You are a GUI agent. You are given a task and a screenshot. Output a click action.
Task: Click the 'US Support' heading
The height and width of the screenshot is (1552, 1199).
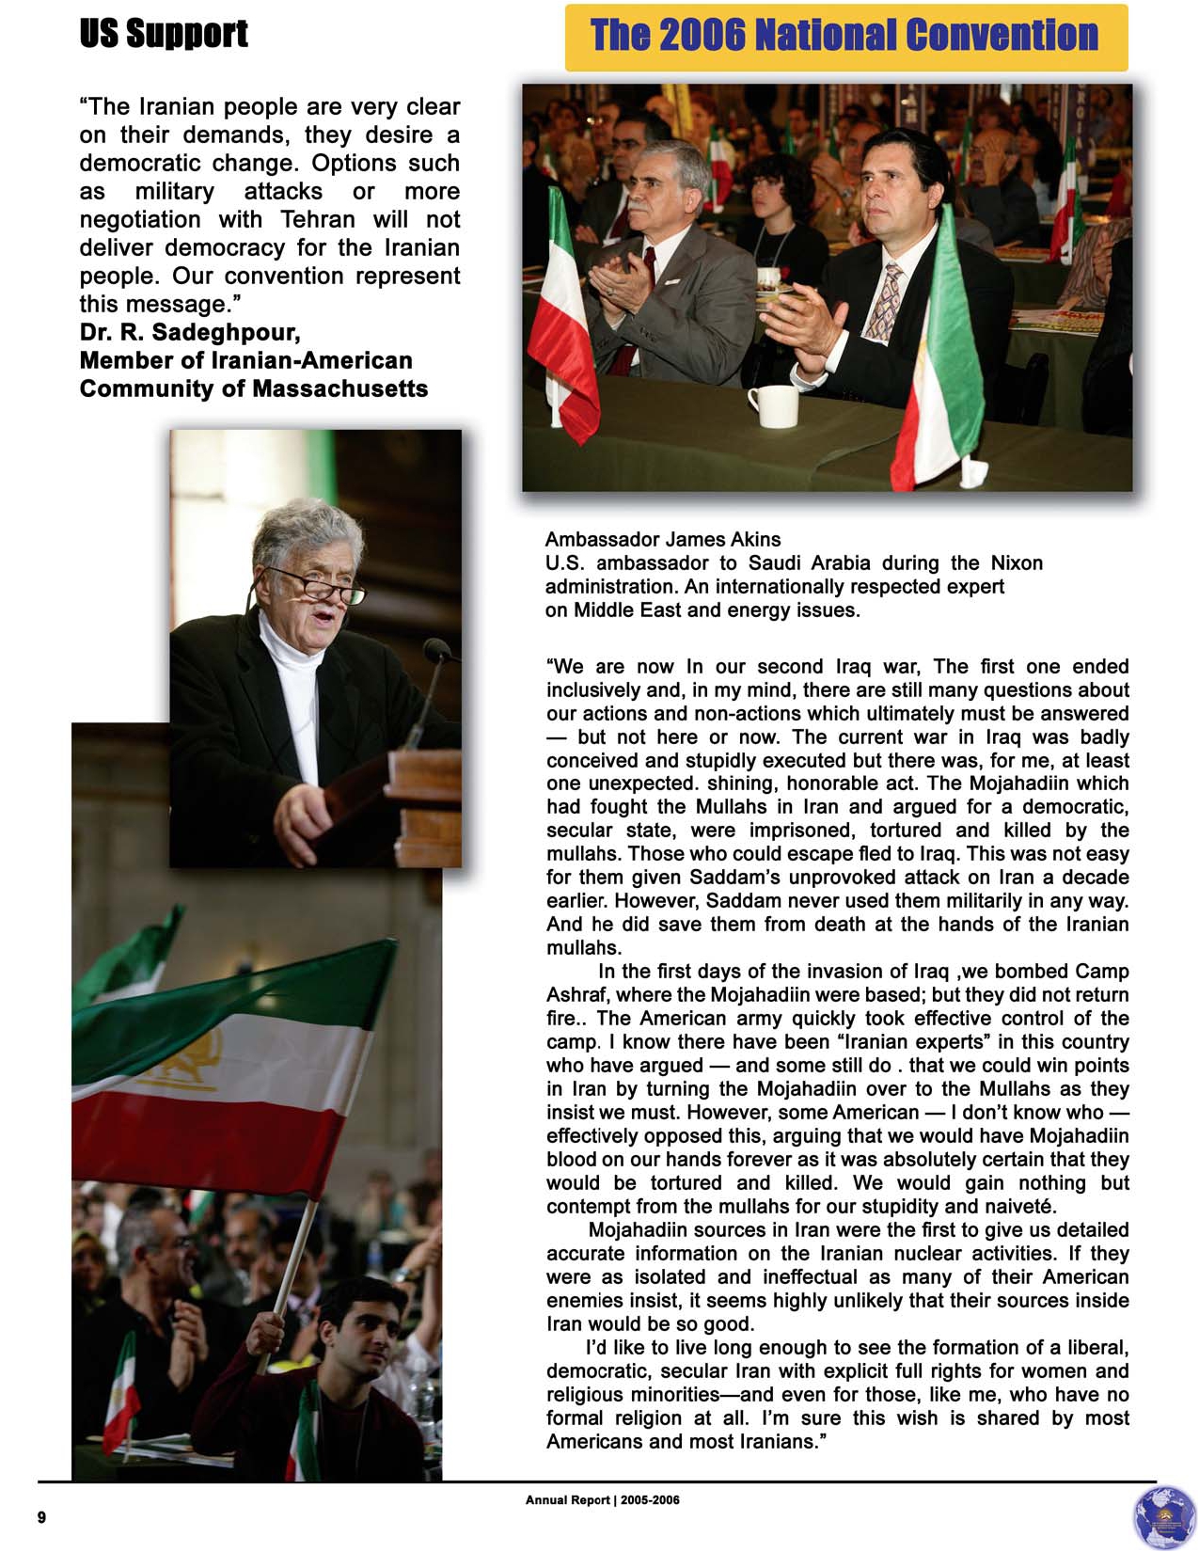coord(164,34)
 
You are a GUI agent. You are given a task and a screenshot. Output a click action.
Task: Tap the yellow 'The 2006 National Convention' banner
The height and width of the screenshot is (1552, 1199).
coord(844,37)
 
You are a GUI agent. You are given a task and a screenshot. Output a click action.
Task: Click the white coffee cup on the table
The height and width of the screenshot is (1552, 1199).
coord(774,405)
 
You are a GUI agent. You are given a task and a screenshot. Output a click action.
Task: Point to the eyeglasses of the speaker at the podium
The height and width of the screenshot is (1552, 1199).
coord(320,587)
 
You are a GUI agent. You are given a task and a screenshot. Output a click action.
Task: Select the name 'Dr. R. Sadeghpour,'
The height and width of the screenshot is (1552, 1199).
coord(190,332)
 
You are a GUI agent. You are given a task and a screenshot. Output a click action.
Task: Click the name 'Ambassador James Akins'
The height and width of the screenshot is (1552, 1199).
coord(662,539)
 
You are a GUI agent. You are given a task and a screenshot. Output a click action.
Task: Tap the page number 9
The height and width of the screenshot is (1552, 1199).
coord(41,1517)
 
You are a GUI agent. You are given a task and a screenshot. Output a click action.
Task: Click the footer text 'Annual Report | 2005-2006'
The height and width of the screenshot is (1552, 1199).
coord(602,1500)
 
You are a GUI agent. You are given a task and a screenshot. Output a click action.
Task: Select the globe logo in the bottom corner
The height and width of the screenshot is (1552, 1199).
coord(1164,1516)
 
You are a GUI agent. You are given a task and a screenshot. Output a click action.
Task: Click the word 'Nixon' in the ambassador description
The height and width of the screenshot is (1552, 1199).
coord(1017,562)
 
